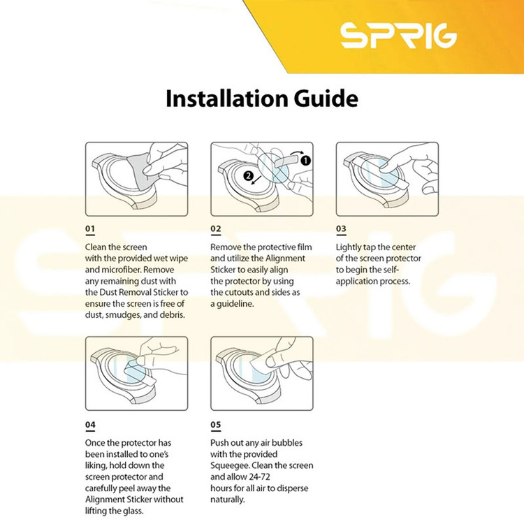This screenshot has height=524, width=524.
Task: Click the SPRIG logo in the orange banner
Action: point(398,35)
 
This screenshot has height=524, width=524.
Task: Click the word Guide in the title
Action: point(326,99)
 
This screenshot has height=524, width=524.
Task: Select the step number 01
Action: point(90,228)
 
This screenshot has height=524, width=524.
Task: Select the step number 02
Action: point(216,228)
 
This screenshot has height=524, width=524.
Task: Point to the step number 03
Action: point(341,228)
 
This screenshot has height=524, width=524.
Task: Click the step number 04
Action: point(90,424)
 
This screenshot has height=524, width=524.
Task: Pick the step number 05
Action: point(216,424)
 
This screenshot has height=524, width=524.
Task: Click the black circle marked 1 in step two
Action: point(305,161)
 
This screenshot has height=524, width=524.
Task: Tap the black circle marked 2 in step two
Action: point(248,176)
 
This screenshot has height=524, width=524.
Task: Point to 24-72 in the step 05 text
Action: point(259,477)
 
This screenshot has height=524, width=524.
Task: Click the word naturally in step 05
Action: point(227,500)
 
